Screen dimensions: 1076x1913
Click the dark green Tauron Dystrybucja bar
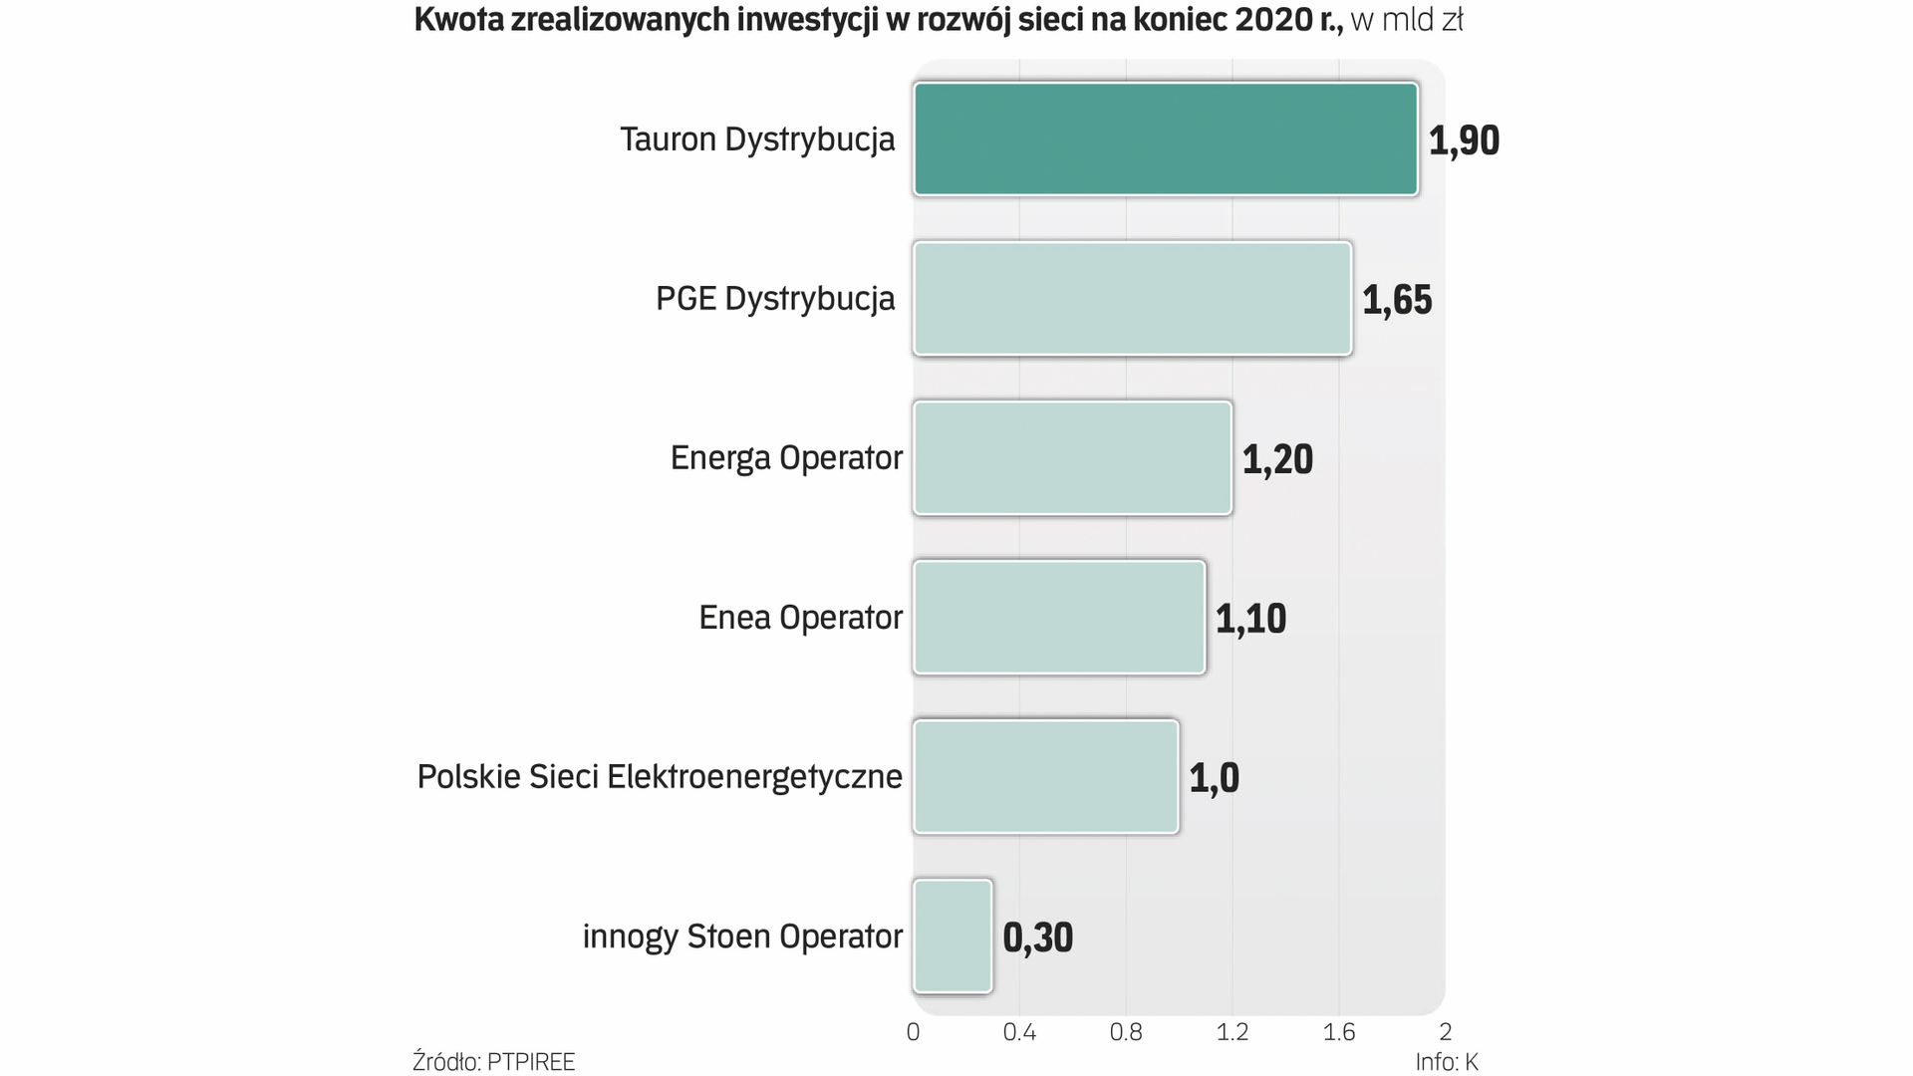click(x=1165, y=138)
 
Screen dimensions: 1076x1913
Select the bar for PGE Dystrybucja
click(x=1132, y=298)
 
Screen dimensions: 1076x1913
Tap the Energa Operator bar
click(x=1072, y=457)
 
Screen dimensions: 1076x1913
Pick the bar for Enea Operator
click(x=1059, y=617)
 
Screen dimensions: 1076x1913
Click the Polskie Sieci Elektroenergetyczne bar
click(x=1045, y=776)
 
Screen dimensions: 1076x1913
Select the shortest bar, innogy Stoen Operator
click(x=953, y=936)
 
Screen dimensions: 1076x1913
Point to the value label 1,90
click(x=1464, y=140)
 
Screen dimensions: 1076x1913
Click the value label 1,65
click(x=1397, y=300)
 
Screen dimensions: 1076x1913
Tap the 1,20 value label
click(x=1277, y=459)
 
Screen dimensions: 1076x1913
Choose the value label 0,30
click(x=1037, y=938)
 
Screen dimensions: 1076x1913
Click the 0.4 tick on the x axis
click(x=1019, y=1032)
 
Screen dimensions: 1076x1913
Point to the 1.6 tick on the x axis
click(x=1339, y=1032)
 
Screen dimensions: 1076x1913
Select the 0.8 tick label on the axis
click(x=1126, y=1032)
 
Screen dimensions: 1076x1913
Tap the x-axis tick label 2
click(x=1446, y=1032)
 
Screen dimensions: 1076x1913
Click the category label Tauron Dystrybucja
click(x=757, y=139)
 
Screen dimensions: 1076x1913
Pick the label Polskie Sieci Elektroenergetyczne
click(x=660, y=777)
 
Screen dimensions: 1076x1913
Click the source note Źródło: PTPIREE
click(x=494, y=1062)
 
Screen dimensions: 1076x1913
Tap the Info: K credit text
click(x=1447, y=1062)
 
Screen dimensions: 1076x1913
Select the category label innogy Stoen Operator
click(x=742, y=937)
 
